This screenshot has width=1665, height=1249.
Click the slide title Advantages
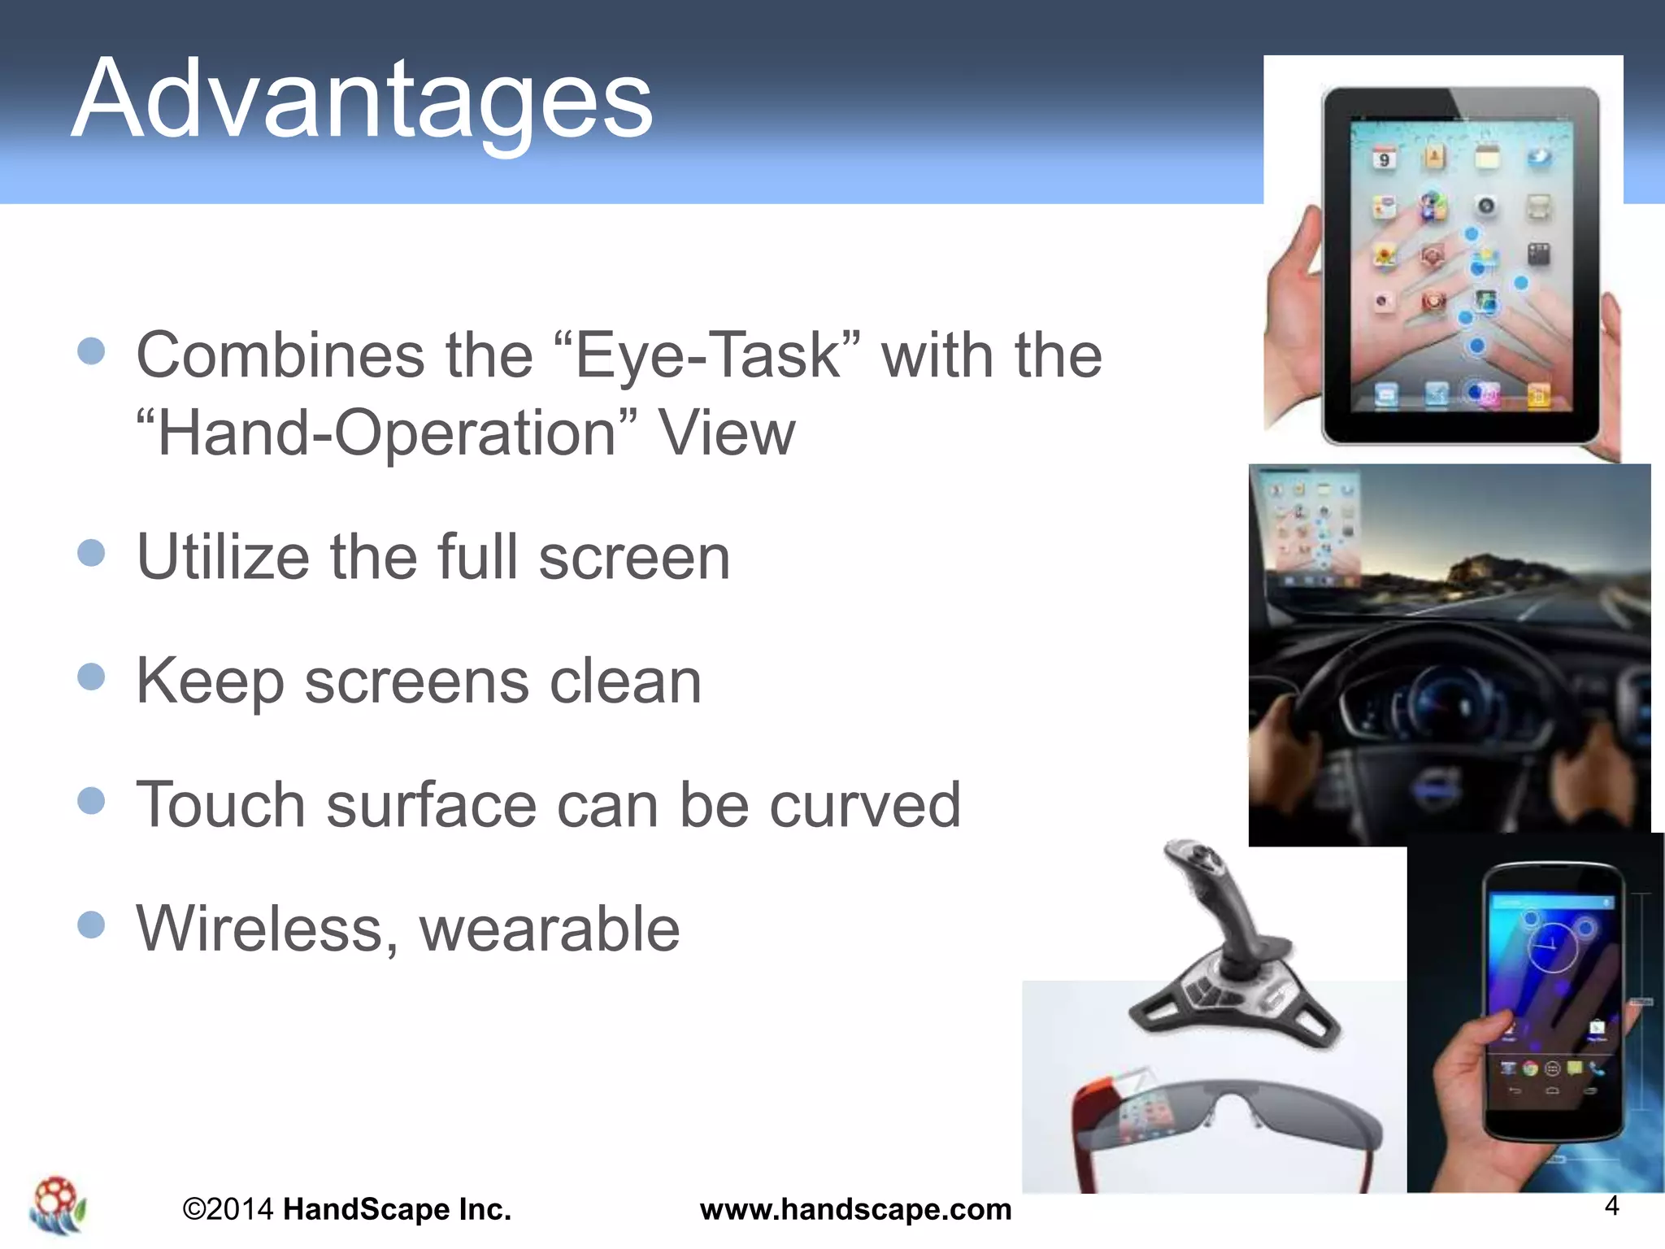coord(363,99)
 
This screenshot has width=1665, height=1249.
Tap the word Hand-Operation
coord(387,433)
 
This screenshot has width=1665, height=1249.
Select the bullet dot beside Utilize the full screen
coord(91,553)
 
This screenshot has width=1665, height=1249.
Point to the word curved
coord(864,805)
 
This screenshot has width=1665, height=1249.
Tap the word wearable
coord(550,929)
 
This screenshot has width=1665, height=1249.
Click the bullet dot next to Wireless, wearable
coord(91,925)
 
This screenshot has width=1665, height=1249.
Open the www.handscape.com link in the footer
coord(855,1209)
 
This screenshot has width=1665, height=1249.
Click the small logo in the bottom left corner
coord(57,1206)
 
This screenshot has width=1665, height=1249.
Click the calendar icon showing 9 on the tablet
coord(1384,159)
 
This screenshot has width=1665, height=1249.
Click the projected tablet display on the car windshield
coord(1309,529)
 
